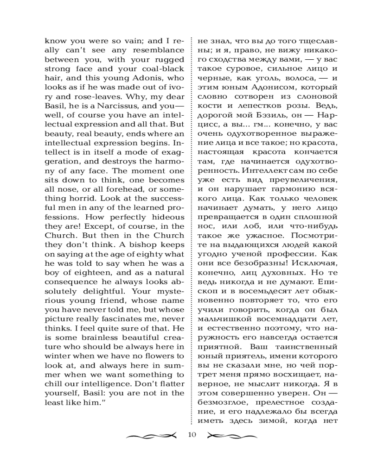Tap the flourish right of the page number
230,435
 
